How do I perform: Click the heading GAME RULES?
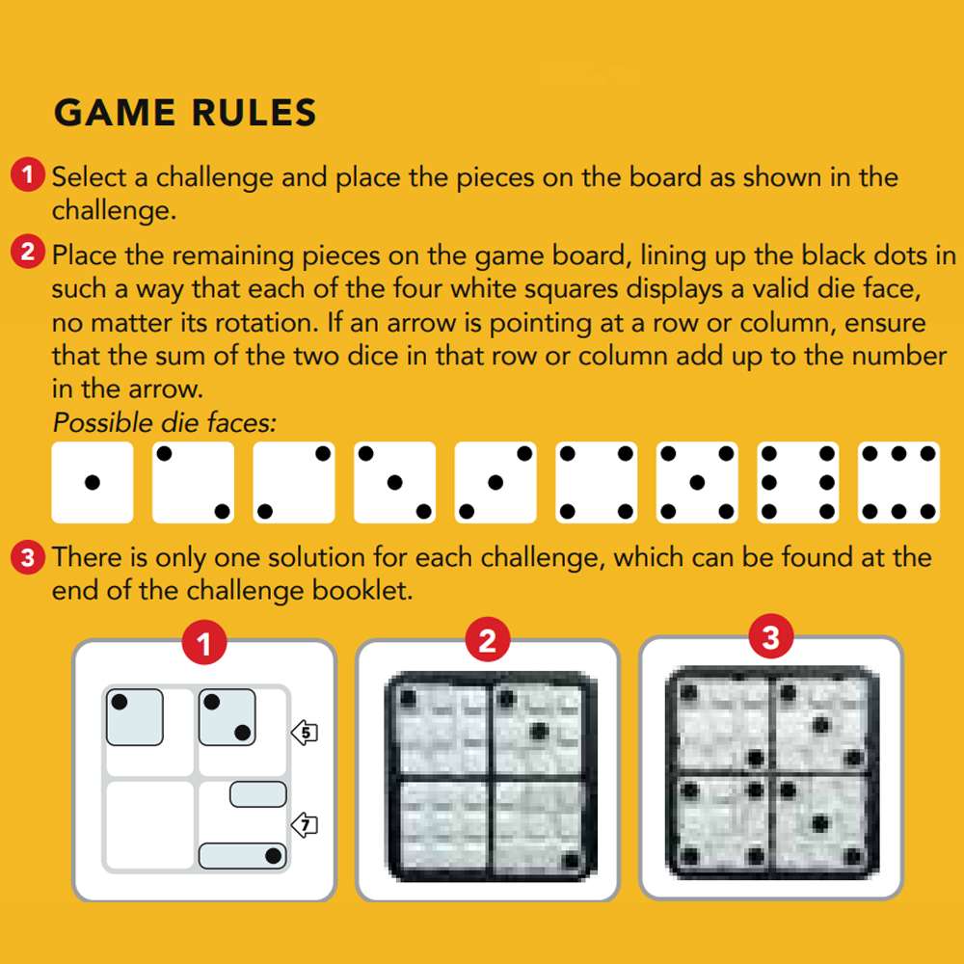pyautogui.click(x=185, y=114)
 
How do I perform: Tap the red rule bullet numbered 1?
pyautogui.click(x=28, y=175)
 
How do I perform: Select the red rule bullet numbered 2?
pyautogui.click(x=28, y=254)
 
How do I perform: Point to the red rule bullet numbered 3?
pyautogui.click(x=28, y=556)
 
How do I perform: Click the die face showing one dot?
pyautogui.click(x=92, y=482)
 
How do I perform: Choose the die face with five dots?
pyautogui.click(x=697, y=482)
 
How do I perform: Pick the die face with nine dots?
pyautogui.click(x=898, y=482)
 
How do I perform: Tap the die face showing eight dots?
pyautogui.click(x=797, y=482)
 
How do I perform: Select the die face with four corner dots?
pyautogui.click(x=596, y=482)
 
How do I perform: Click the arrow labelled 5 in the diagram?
pyautogui.click(x=305, y=734)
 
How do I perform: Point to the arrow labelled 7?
pyautogui.click(x=305, y=825)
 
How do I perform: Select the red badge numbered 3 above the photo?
pyautogui.click(x=770, y=637)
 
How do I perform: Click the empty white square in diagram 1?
pyautogui.click(x=149, y=825)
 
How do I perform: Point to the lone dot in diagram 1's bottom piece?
pyautogui.click(x=273, y=855)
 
